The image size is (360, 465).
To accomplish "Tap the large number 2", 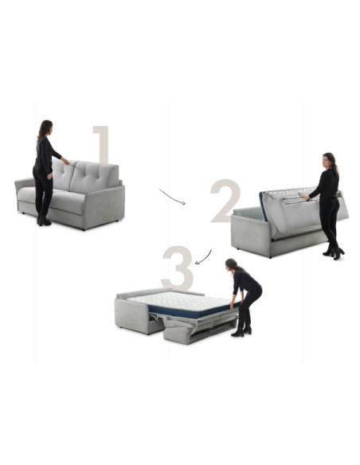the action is point(225,201).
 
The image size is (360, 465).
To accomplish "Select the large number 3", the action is point(178,268).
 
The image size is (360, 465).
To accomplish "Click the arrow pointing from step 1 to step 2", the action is point(172,197).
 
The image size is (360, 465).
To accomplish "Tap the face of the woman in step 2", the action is point(327,160).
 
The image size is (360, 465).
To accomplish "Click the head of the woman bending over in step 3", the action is point(231,264).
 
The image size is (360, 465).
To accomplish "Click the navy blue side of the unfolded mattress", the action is point(193,311).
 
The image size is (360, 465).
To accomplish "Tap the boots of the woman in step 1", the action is point(44,221).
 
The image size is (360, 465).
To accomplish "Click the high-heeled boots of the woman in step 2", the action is point(335,253).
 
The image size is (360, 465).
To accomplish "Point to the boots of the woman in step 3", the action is point(241,331).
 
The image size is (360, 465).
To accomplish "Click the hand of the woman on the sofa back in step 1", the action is point(66,162).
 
